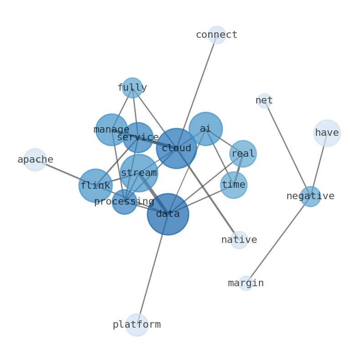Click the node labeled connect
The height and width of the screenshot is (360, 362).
pyautogui.click(x=217, y=35)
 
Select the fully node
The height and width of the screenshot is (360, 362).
pyautogui.click(x=132, y=88)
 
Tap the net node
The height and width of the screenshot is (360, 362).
pyautogui.click(x=264, y=101)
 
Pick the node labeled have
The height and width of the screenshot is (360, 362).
pyautogui.click(x=327, y=133)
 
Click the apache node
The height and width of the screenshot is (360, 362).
pyautogui.click(x=35, y=160)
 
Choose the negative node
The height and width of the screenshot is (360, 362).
pyautogui.click(x=310, y=196)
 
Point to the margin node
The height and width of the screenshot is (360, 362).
pyautogui.click(x=246, y=283)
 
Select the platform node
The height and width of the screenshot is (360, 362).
pyautogui.click(x=137, y=325)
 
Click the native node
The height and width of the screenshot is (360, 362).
pyautogui.click(x=239, y=240)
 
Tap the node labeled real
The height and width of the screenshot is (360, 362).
pyautogui.click(x=243, y=154)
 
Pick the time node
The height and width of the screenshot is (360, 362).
pyautogui.click(x=233, y=185)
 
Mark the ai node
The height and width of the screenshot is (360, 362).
pyautogui.click(x=206, y=129)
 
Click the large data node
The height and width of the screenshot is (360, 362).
pyautogui.click(x=168, y=214)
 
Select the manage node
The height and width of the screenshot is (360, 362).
pyautogui.click(x=111, y=130)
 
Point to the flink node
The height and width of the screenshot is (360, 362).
pyautogui.click(x=95, y=185)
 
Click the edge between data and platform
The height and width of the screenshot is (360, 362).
pyautogui.click(x=152, y=270)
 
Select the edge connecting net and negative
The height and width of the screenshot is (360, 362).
pyautogui.click(x=287, y=149)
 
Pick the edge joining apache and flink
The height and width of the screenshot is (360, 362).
pyautogui.click(x=64, y=172)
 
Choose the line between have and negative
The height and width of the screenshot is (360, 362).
pyautogui.click(x=319, y=165)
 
